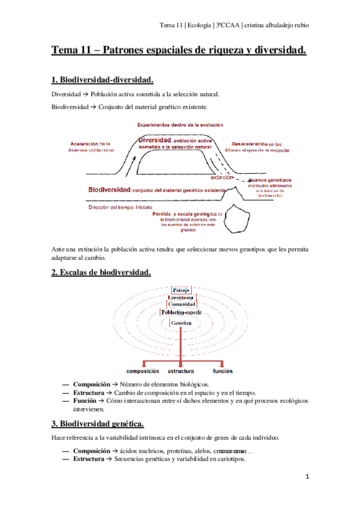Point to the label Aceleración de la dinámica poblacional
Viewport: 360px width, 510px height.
91,147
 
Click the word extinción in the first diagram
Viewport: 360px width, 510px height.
221,177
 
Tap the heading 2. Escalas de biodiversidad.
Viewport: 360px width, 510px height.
101,272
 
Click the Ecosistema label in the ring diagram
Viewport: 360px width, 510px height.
181,298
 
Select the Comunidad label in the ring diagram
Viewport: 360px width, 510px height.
181,305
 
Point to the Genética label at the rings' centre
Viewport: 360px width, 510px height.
181,324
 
